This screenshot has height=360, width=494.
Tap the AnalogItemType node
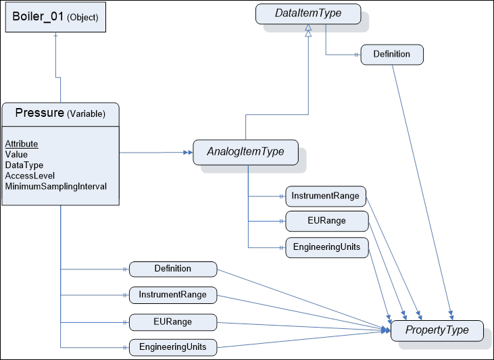[x=244, y=153]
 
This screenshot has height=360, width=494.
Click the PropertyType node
[x=437, y=330]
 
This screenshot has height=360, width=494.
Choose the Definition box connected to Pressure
[x=172, y=269]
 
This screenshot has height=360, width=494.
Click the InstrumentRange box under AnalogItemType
[x=326, y=197]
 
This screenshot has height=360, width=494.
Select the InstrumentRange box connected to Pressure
[x=172, y=295]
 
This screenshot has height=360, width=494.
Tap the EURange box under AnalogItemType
[x=326, y=221]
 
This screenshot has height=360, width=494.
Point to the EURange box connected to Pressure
[x=172, y=322]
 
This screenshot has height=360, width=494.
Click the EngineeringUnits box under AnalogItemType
[x=326, y=247]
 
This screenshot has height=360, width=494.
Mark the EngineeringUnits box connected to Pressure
[x=172, y=348]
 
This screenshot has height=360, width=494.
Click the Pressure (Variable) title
[x=60, y=113]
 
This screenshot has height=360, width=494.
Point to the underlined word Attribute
[x=22, y=144]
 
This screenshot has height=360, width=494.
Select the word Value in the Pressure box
[x=16, y=155]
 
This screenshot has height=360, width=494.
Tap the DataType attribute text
[x=24, y=165]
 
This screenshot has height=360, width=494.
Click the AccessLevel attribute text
[x=30, y=176]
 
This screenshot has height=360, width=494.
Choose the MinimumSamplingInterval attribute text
[x=55, y=186]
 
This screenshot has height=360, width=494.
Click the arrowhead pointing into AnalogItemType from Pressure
[x=189, y=152]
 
